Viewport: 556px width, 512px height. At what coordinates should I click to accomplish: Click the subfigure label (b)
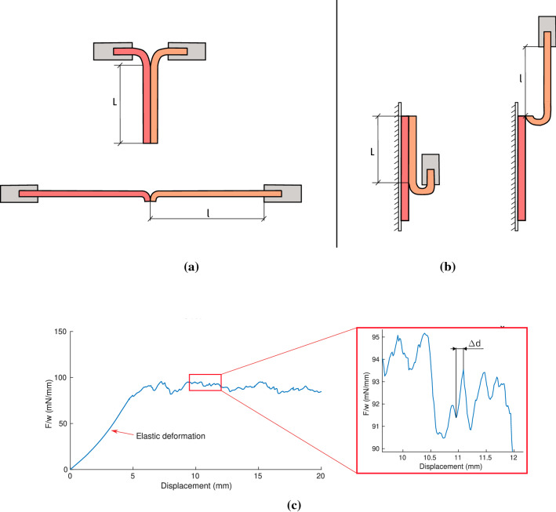pyautogui.click(x=450, y=267)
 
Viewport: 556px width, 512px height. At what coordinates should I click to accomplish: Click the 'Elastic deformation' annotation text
pyautogui.click(x=169, y=436)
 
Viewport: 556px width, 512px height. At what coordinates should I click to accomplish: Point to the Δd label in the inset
pyautogui.click(x=474, y=343)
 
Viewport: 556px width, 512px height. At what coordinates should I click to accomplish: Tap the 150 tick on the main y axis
pyautogui.click(x=59, y=332)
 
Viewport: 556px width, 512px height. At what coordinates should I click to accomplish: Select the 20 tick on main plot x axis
pyautogui.click(x=321, y=476)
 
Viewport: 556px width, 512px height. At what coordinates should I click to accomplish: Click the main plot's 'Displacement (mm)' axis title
pyautogui.click(x=195, y=485)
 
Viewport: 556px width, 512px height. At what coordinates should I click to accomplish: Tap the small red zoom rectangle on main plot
pyautogui.click(x=205, y=382)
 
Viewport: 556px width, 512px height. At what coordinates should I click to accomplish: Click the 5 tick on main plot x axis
pyautogui.click(x=133, y=476)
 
